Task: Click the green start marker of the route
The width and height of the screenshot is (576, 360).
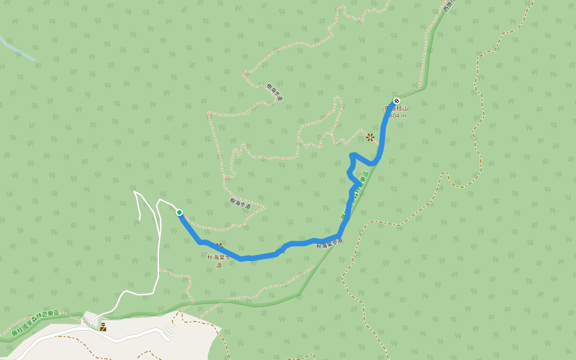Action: tap(179, 212)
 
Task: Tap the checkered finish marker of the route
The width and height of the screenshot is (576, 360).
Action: tap(396, 101)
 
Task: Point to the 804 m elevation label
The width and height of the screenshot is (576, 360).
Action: tap(398, 115)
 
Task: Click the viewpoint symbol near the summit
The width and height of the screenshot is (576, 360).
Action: tap(370, 137)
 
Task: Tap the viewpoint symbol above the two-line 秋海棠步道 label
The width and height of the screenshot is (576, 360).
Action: tap(220, 246)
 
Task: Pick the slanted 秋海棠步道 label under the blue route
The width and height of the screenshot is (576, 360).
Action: tap(329, 244)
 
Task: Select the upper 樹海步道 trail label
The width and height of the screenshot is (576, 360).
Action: tap(275, 92)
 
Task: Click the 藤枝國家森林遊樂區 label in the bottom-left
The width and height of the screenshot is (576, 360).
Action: tap(36, 323)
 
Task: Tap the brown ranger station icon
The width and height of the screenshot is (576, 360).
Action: tap(103, 326)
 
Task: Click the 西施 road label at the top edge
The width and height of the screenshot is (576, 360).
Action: tap(449, 5)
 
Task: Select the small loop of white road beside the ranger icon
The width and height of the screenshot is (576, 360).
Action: tap(90, 318)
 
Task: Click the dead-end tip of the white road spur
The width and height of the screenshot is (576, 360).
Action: tap(139, 219)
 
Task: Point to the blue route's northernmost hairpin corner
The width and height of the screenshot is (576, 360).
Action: tap(352, 155)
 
